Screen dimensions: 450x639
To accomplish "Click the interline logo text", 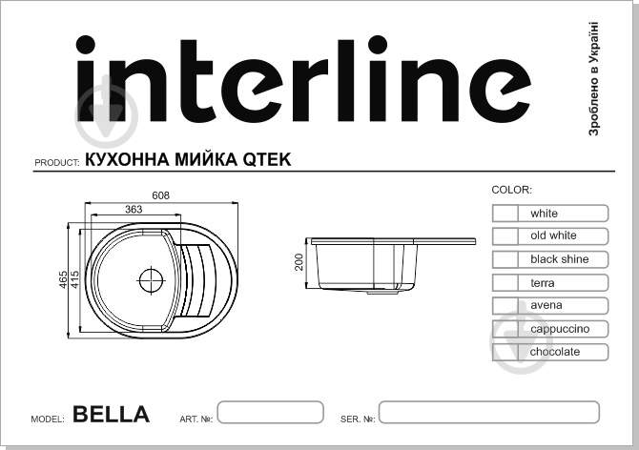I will click(302, 81).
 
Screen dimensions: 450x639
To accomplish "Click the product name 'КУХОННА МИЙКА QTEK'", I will click(188, 159).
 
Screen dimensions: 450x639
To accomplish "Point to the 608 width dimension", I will click(160, 195).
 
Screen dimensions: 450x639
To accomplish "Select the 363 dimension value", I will click(134, 209).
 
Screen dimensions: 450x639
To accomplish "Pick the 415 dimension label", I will click(75, 280).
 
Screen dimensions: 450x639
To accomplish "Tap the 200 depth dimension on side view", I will click(299, 261).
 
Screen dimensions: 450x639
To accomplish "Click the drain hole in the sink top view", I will click(152, 280).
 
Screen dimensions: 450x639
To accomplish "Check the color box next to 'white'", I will click(505, 214).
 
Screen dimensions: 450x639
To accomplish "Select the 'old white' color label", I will click(553, 235).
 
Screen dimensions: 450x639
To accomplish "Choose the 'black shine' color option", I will click(559, 259).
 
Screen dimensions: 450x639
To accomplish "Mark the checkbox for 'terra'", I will click(505, 283).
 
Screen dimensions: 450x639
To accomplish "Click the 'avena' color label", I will click(546, 305).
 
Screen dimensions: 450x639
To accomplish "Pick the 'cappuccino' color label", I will click(560, 329).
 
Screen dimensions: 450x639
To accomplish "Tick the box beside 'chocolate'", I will click(505, 352).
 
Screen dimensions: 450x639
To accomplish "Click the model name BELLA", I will click(111, 415).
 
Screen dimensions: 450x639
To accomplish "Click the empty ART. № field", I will click(270, 413).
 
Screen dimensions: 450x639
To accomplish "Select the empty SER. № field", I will click(488, 413).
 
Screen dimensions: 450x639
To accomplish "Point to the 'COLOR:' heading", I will click(511, 191).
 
